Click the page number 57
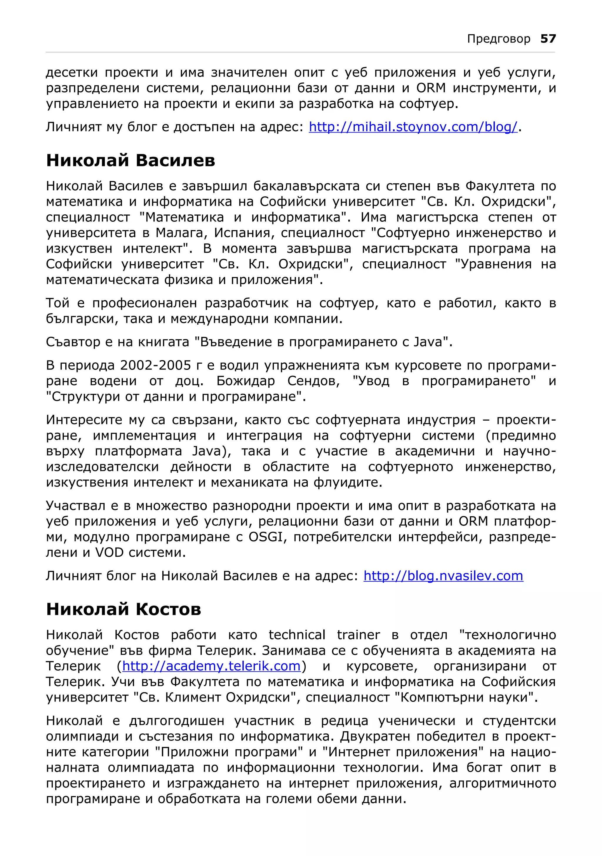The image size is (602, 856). coord(548,39)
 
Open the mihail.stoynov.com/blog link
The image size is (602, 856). coord(413,127)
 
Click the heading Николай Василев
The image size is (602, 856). coord(131,161)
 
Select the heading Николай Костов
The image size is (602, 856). coord(123,610)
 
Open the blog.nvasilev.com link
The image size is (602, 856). coord(443,576)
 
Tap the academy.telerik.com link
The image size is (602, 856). coord(211,666)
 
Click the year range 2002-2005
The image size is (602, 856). coord(155,365)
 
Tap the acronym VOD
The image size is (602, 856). coord(109,553)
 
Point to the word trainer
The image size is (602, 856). coord(358,635)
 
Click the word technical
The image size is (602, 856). coord(297,635)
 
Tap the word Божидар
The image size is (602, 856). coord(245,381)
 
